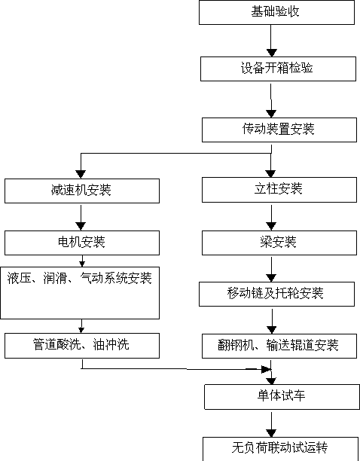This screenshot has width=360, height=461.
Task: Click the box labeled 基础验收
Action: [x=276, y=12]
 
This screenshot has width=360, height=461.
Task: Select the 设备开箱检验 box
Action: [x=278, y=69]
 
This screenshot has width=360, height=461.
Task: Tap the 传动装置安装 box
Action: [x=279, y=130]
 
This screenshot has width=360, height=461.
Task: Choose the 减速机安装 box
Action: [x=82, y=191]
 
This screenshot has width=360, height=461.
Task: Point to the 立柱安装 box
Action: [x=279, y=190]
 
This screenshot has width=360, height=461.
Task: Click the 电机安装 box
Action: [x=82, y=243]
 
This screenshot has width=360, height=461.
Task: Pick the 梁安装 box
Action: [x=279, y=243]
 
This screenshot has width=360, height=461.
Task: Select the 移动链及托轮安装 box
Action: [x=276, y=294]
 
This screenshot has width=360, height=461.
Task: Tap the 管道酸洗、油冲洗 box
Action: [x=82, y=346]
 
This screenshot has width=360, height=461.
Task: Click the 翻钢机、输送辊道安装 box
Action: [x=279, y=346]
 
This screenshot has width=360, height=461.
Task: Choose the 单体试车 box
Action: [x=282, y=397]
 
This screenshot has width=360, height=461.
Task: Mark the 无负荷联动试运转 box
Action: [x=280, y=449]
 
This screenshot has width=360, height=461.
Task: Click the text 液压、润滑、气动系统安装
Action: [x=79, y=278]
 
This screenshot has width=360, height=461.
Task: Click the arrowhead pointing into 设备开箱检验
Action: [x=271, y=53]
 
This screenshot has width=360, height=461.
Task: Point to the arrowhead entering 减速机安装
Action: [x=81, y=174]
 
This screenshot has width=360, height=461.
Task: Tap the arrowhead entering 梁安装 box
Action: [x=271, y=227]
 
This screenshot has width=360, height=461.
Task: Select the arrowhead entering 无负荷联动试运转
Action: [x=271, y=433]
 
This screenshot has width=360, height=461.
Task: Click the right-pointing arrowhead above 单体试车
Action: [x=266, y=369]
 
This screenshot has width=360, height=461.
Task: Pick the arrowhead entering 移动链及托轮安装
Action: [x=271, y=278]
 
